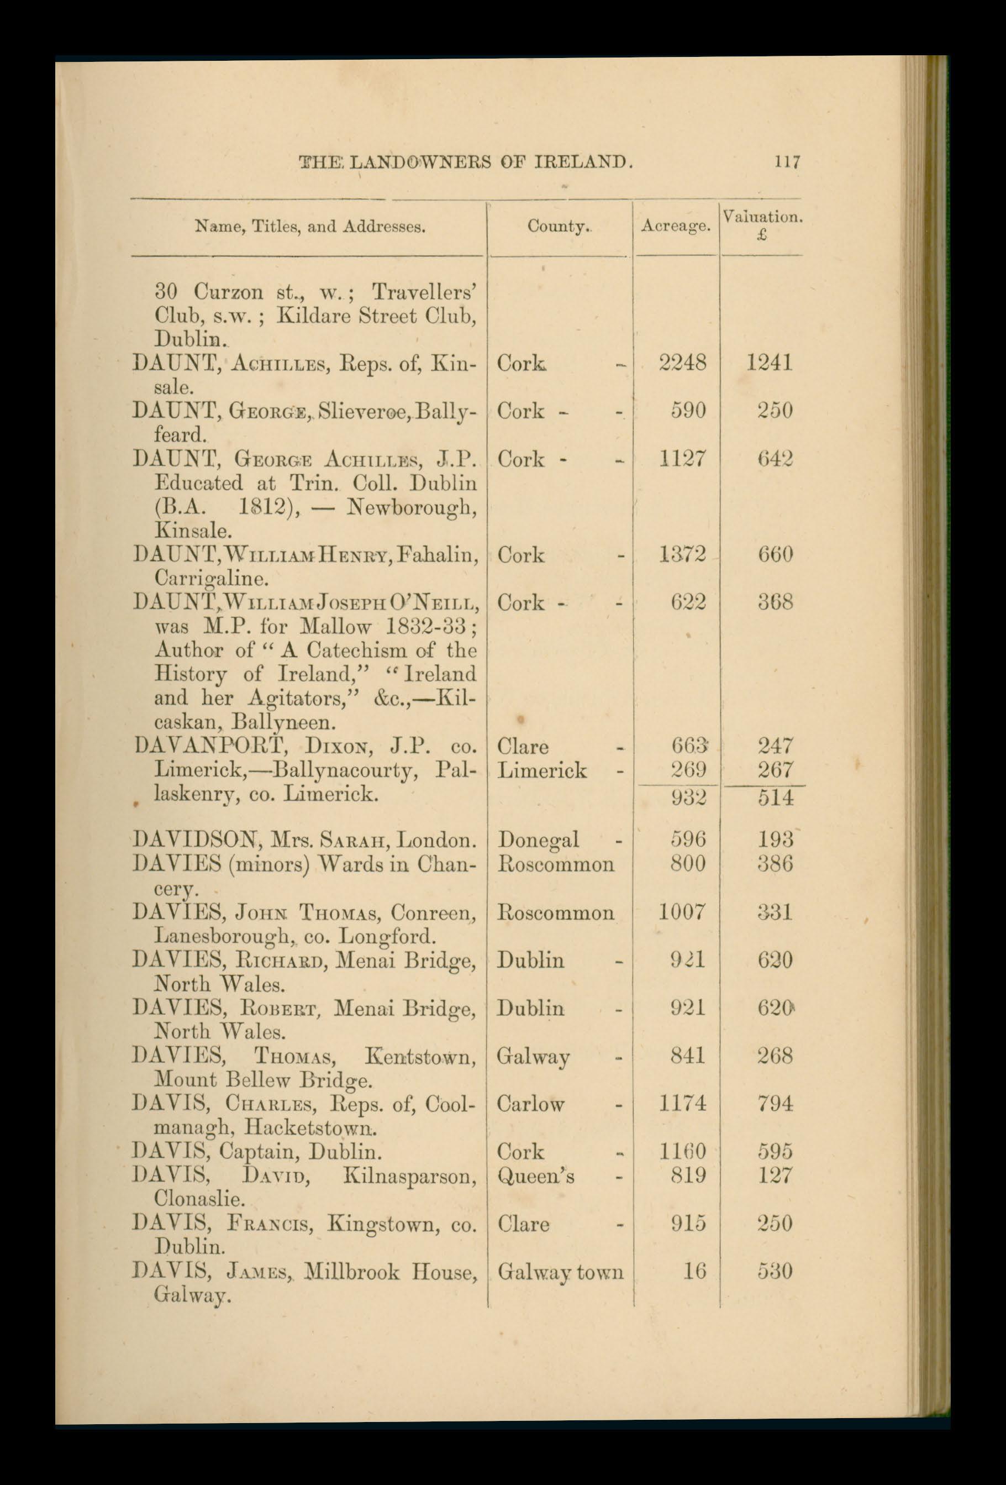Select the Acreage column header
coord(676,226)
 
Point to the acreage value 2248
coord(682,364)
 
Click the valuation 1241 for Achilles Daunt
coord(770,364)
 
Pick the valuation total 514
coord(776,798)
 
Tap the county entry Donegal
coord(538,839)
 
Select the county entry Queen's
coord(535,1176)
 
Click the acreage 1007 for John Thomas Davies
coord(682,912)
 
